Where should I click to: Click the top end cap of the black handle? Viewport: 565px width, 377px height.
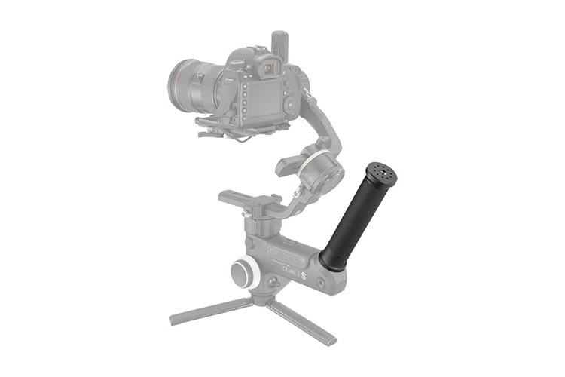383,172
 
